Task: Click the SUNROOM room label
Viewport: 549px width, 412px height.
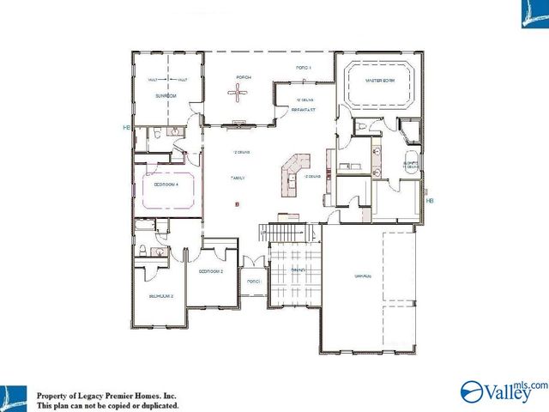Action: click(x=166, y=96)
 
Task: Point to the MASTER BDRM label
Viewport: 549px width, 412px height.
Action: click(x=378, y=81)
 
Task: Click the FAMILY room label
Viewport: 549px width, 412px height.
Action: click(x=238, y=178)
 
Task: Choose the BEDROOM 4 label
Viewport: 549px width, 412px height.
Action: click(x=166, y=184)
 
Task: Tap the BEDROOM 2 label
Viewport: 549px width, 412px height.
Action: click(x=210, y=271)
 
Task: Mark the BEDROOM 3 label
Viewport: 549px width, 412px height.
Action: click(x=161, y=295)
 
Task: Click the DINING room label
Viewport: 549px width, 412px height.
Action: click(x=298, y=270)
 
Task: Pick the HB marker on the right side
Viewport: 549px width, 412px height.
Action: click(x=430, y=201)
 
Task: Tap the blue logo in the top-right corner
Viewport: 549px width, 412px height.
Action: click(x=534, y=14)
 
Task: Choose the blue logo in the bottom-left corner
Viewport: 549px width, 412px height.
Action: click(x=14, y=396)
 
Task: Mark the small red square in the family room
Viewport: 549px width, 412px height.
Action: click(x=238, y=204)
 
